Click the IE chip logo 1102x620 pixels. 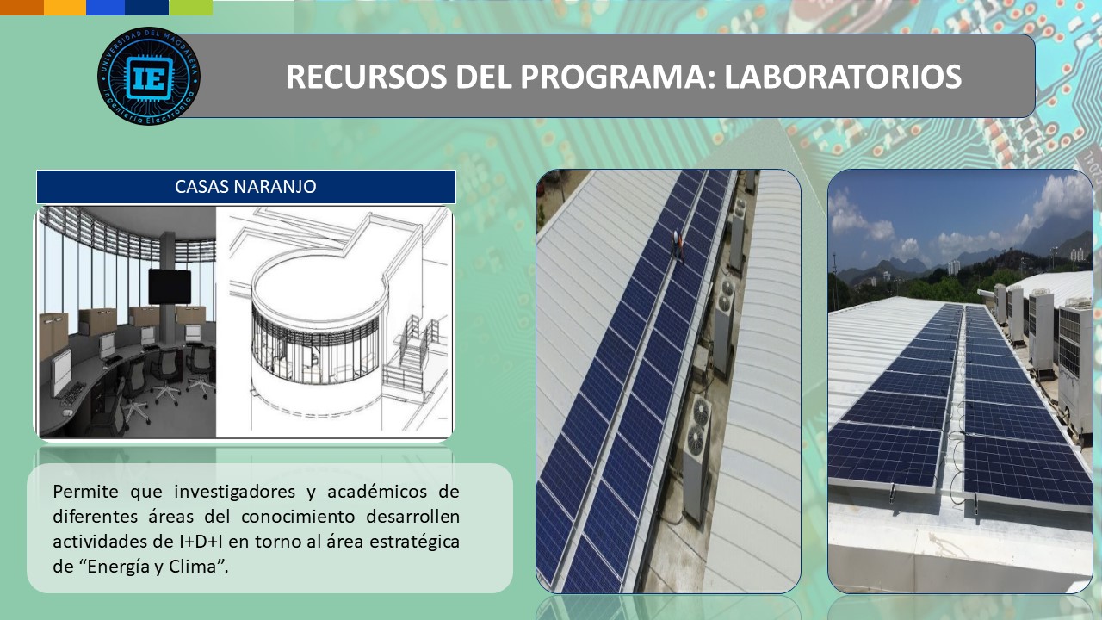tap(149, 76)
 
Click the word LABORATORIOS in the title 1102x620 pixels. tap(843, 77)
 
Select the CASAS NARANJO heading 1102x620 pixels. tap(245, 187)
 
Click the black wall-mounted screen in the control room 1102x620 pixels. tap(170, 287)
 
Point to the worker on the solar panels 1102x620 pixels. tap(678, 245)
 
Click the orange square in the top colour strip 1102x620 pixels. tap(22, 8)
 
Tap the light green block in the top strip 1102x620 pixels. tap(191, 8)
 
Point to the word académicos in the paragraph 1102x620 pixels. tap(378, 491)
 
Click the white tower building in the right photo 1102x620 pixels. tap(953, 267)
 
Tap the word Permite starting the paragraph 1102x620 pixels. tap(85, 491)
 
